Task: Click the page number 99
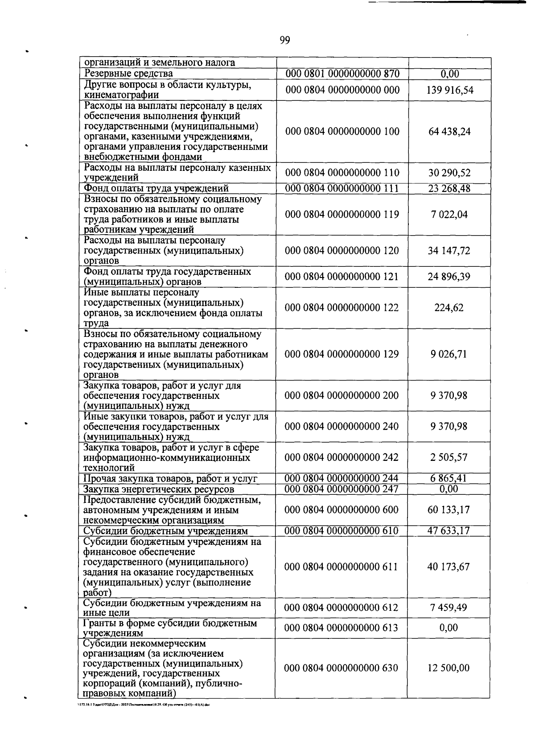285,41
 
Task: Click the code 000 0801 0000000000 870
342,74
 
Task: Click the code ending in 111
342,188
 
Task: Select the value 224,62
449,308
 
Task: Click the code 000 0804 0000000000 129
342,354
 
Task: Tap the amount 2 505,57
449,457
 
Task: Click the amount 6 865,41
449,479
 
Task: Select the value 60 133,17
449,510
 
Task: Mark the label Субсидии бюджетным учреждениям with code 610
165,531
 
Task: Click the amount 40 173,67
449,567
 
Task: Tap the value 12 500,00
449,668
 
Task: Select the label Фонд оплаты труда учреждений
156,188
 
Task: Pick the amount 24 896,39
449,277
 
